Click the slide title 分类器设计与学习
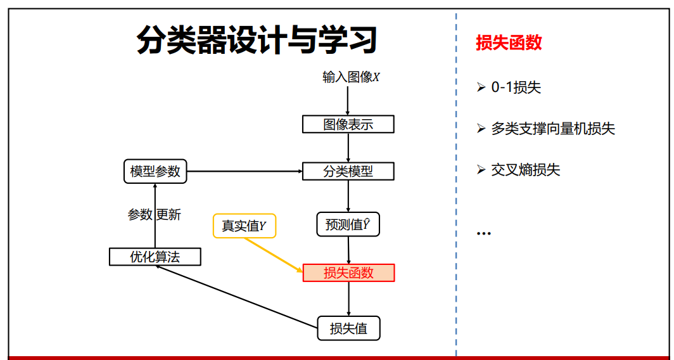point(257,41)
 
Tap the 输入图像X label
point(350,77)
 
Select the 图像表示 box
point(348,124)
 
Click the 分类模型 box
point(348,171)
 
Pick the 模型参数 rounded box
point(155,171)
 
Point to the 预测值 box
point(348,224)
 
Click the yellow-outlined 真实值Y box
point(245,225)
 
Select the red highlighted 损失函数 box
point(348,273)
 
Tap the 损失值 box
point(348,328)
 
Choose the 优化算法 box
point(155,257)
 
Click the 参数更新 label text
point(155,215)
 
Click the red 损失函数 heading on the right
point(509,42)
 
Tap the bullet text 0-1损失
point(516,87)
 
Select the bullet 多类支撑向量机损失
point(552,129)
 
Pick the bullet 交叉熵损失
point(525,170)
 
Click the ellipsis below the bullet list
point(483,233)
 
